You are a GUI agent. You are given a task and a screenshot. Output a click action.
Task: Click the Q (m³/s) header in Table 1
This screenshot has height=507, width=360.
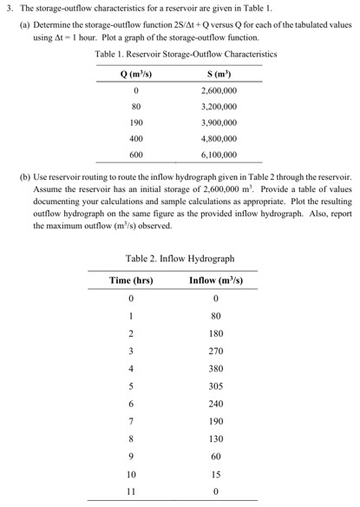pyautogui.click(x=134, y=72)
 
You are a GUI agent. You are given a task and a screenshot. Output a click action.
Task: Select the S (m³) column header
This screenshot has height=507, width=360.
pyautogui.click(x=218, y=72)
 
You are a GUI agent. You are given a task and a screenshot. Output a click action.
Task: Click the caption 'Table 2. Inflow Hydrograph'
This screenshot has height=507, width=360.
pyautogui.click(x=180, y=258)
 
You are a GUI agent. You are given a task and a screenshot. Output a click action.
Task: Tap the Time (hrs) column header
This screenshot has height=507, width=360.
pyautogui.click(x=131, y=280)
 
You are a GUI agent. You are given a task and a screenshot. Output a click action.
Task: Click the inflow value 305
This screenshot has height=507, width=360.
pyautogui.click(x=217, y=385)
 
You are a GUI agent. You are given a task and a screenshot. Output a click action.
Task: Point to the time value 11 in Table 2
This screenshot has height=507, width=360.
pyautogui.click(x=131, y=491)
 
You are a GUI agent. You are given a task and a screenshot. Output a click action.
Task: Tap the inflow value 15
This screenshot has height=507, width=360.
pyautogui.click(x=217, y=474)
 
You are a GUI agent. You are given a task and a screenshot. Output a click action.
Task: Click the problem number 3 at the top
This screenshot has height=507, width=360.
pyautogui.click(x=9, y=8)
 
